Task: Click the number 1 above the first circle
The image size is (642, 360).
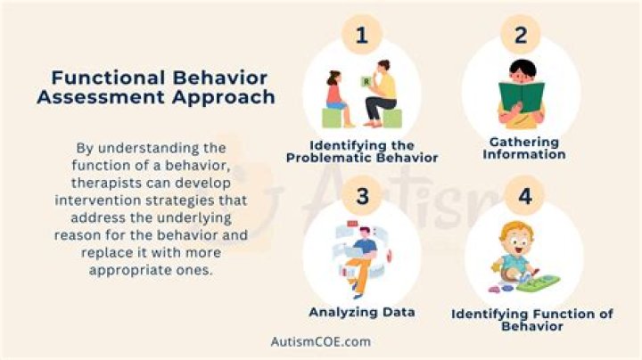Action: (361, 37)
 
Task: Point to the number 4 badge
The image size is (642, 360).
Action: (524, 197)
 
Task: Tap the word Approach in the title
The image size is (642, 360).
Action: (224, 97)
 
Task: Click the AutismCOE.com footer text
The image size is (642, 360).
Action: (320, 341)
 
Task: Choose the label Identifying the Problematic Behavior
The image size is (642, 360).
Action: (361, 151)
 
